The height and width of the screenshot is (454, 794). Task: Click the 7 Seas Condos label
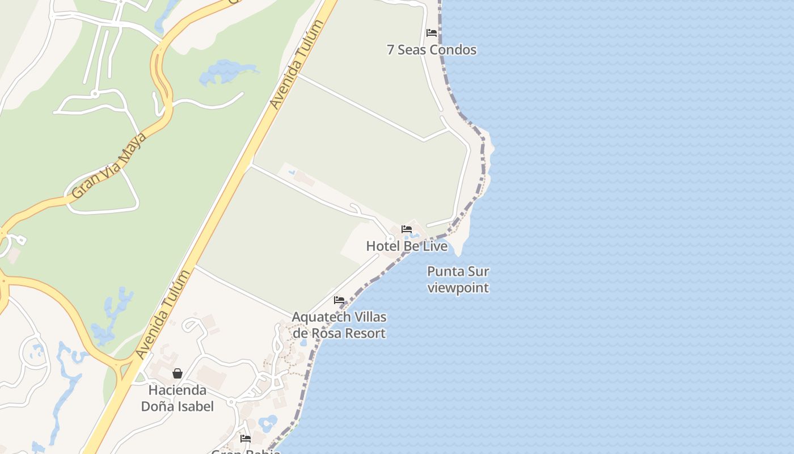[x=431, y=50]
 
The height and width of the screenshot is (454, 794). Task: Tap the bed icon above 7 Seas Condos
[x=432, y=33]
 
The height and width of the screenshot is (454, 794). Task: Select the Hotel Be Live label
[x=407, y=246]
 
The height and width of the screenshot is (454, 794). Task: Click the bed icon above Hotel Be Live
[x=407, y=229]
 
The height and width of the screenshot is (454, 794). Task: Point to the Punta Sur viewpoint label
[x=458, y=279]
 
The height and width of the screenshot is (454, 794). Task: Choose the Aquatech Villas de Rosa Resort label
[x=339, y=325]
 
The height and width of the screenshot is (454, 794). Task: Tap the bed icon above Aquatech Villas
[x=339, y=300]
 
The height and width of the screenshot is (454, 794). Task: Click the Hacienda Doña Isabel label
[x=178, y=398]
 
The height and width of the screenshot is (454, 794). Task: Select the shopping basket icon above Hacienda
[x=178, y=373]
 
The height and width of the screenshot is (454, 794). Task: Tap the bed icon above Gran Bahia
[x=246, y=439]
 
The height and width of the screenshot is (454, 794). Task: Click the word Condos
[x=453, y=50]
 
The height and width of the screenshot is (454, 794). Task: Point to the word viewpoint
[x=458, y=288]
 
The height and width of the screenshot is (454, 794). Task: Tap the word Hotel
[x=383, y=246]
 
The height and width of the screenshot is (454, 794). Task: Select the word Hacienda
[x=178, y=390]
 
